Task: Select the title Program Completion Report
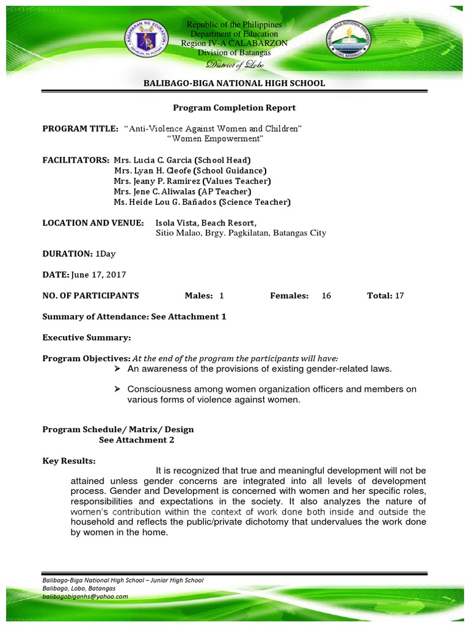pos(234,108)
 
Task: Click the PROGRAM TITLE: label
pos(80,128)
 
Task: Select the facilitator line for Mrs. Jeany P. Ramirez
pos(192,181)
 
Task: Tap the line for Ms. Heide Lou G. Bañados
pos(202,202)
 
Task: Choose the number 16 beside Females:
pos(326,296)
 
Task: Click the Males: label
pos(198,296)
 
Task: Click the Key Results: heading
pos(69,460)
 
